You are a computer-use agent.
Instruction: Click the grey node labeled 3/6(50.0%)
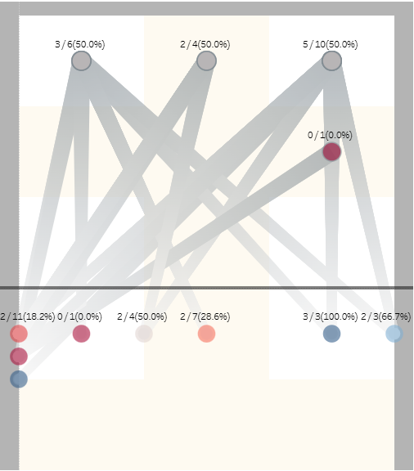pyautogui.click(x=81, y=61)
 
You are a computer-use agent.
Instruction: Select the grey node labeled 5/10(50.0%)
pyautogui.click(x=331, y=61)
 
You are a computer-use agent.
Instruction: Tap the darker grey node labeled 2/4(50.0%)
pyautogui.click(x=206, y=61)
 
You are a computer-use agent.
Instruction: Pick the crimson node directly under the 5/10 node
pyautogui.click(x=331, y=151)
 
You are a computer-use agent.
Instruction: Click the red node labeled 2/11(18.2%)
pyautogui.click(x=19, y=334)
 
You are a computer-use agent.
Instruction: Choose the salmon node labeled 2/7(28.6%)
pyautogui.click(x=206, y=334)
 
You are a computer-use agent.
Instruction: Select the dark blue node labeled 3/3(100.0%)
pyautogui.click(x=331, y=334)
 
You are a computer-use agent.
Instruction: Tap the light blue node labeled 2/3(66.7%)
pyautogui.click(x=394, y=334)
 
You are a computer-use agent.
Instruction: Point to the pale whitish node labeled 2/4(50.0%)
pyautogui.click(x=144, y=334)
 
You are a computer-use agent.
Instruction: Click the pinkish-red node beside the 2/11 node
pyautogui.click(x=81, y=334)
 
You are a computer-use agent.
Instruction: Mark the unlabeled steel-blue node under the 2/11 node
pyautogui.click(x=19, y=379)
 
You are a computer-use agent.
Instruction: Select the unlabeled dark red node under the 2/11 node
pyautogui.click(x=19, y=357)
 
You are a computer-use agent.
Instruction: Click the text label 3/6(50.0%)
pyautogui.click(x=80, y=44)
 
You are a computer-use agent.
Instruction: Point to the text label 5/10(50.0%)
pyautogui.click(x=331, y=44)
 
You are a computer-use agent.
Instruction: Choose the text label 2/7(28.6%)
pyautogui.click(x=205, y=316)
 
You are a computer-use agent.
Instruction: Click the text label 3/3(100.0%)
pyautogui.click(x=331, y=316)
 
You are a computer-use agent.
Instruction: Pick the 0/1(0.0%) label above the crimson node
pyautogui.click(x=331, y=134)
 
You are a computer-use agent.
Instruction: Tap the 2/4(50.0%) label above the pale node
pyautogui.click(x=142, y=316)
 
